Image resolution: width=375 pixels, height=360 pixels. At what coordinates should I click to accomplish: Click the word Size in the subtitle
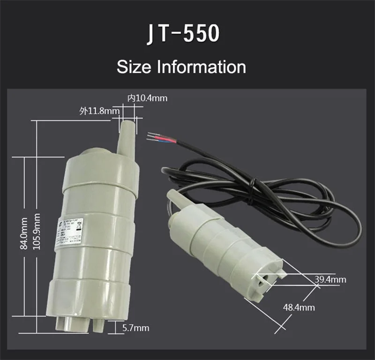coord(134,67)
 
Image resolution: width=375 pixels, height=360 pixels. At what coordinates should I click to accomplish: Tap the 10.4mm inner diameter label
coord(147,98)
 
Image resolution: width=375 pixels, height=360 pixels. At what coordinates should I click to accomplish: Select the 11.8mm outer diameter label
coord(99,111)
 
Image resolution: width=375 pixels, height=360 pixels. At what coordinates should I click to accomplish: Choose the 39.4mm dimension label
coord(330,280)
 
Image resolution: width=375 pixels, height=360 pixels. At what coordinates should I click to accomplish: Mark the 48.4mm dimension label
coord(299,307)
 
